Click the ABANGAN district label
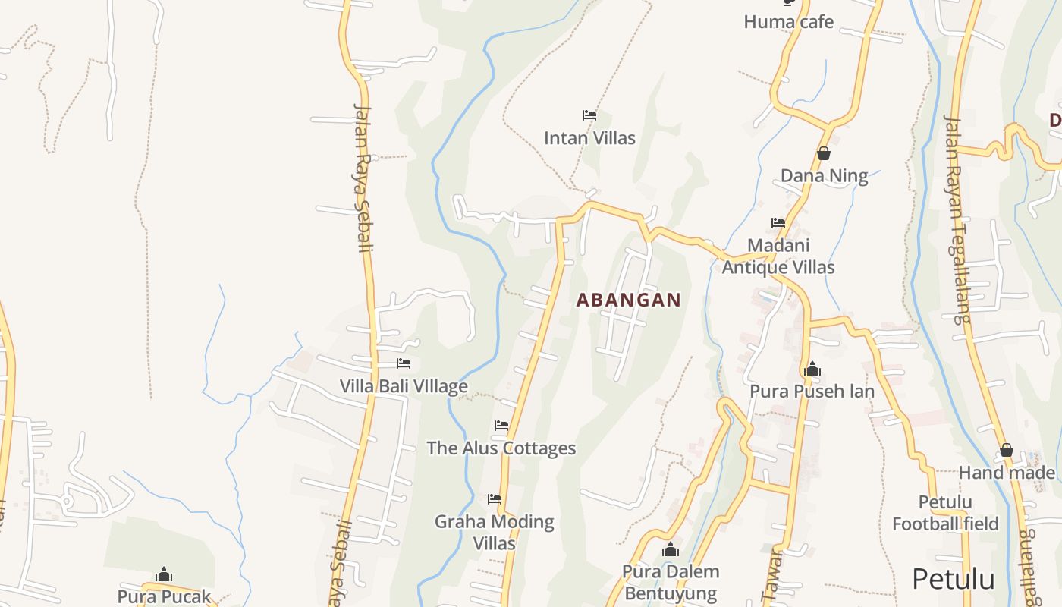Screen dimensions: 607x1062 pyautogui.click(x=628, y=300)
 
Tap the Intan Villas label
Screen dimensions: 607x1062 pyautogui.click(x=589, y=138)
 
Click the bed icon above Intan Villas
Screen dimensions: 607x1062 pyautogui.click(x=589, y=115)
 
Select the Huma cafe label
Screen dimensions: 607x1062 pyautogui.click(x=788, y=21)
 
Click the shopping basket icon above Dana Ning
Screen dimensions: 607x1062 pyautogui.click(x=824, y=154)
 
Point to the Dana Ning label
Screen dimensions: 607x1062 pyautogui.click(x=824, y=176)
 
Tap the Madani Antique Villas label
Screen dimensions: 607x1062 pyautogui.click(x=778, y=256)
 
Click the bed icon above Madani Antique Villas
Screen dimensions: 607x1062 pyautogui.click(x=778, y=223)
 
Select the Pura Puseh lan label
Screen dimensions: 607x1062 pyautogui.click(x=812, y=392)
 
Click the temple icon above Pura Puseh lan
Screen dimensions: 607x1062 pyautogui.click(x=812, y=370)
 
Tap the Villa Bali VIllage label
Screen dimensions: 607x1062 pyautogui.click(x=404, y=386)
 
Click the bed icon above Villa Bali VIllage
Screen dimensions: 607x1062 pyautogui.click(x=404, y=364)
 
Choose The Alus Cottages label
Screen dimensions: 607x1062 pyautogui.click(x=501, y=448)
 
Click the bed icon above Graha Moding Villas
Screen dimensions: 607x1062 pyautogui.click(x=495, y=499)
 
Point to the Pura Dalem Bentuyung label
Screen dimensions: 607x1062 pyautogui.click(x=671, y=582)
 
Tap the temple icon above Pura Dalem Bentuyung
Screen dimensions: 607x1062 pyautogui.click(x=671, y=549)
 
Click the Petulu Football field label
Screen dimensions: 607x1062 pyautogui.click(x=945, y=513)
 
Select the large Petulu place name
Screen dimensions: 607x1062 pyautogui.click(x=953, y=579)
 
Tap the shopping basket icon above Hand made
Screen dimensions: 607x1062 pyautogui.click(x=1007, y=451)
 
